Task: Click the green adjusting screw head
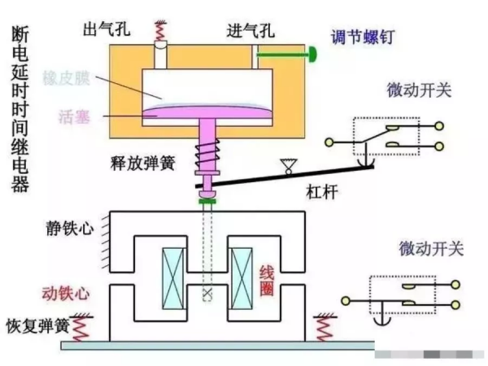[312, 55]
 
